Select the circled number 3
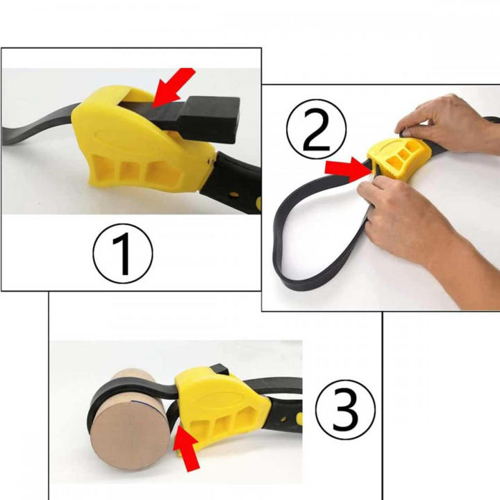click(344, 409)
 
